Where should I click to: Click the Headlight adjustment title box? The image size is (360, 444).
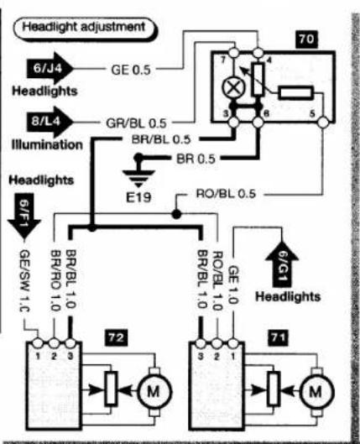(x=84, y=29)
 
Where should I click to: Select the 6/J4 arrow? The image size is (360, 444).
(x=50, y=69)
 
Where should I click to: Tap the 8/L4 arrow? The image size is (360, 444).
(x=50, y=122)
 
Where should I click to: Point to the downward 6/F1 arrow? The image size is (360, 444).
(x=24, y=217)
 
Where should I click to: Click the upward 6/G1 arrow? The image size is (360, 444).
(x=282, y=264)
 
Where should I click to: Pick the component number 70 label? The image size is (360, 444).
(x=306, y=39)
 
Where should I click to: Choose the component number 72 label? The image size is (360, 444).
(x=117, y=337)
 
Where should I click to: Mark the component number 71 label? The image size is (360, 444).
(x=279, y=337)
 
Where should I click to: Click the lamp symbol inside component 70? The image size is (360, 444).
(x=233, y=87)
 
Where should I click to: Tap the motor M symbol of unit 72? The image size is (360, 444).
(x=154, y=392)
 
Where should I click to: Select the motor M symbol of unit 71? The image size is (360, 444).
(x=316, y=392)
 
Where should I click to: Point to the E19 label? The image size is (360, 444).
(x=138, y=197)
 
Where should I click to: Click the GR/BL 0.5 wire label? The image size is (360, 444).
(x=136, y=123)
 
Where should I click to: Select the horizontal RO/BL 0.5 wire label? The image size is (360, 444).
(x=226, y=194)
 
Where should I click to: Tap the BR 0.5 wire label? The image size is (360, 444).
(x=196, y=159)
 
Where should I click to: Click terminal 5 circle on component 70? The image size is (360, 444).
(x=323, y=123)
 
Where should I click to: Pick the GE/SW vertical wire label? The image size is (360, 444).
(x=24, y=281)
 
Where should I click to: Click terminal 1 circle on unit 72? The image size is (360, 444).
(x=38, y=343)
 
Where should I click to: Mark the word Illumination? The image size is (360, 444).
(x=47, y=144)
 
